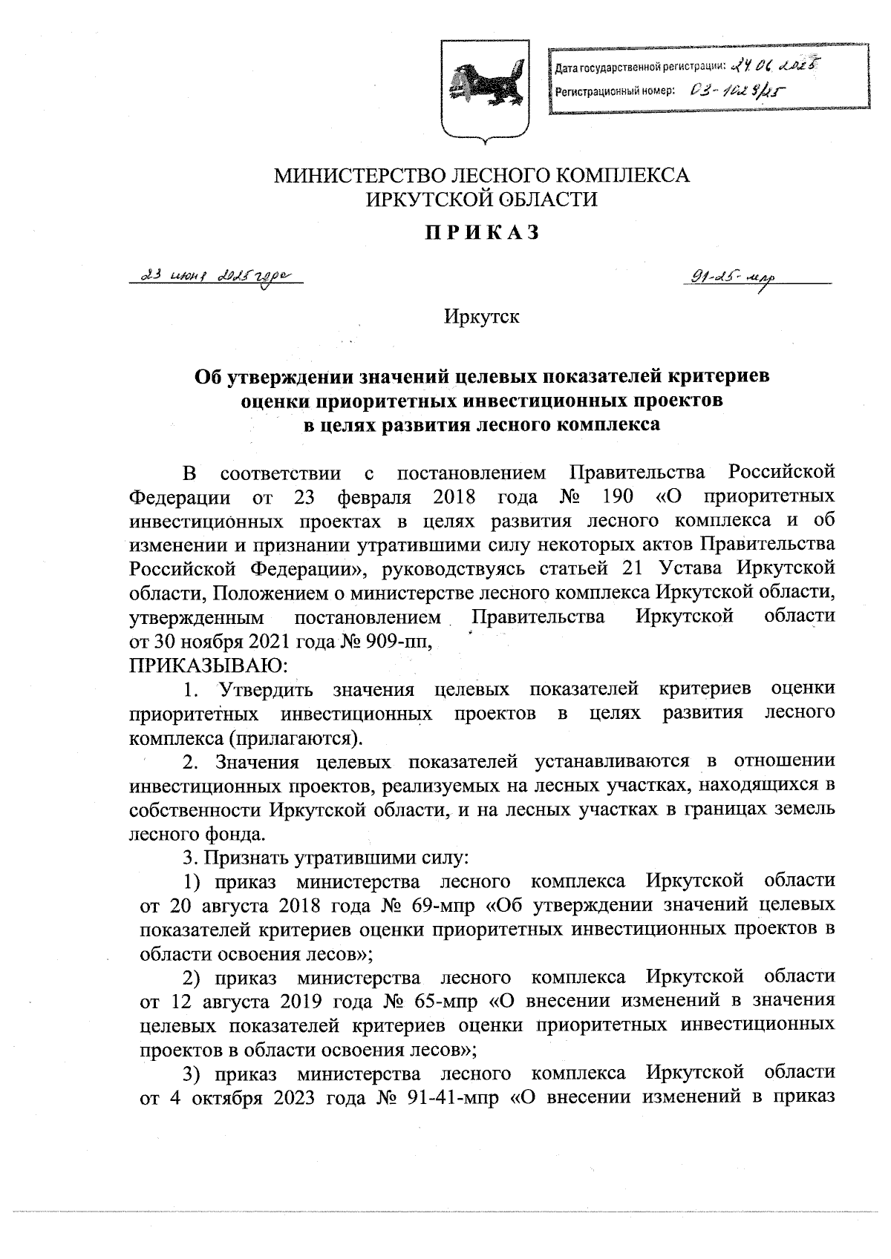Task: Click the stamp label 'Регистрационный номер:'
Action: point(615,91)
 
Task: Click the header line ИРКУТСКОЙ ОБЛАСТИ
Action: point(483,199)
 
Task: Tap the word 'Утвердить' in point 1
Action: point(264,688)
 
